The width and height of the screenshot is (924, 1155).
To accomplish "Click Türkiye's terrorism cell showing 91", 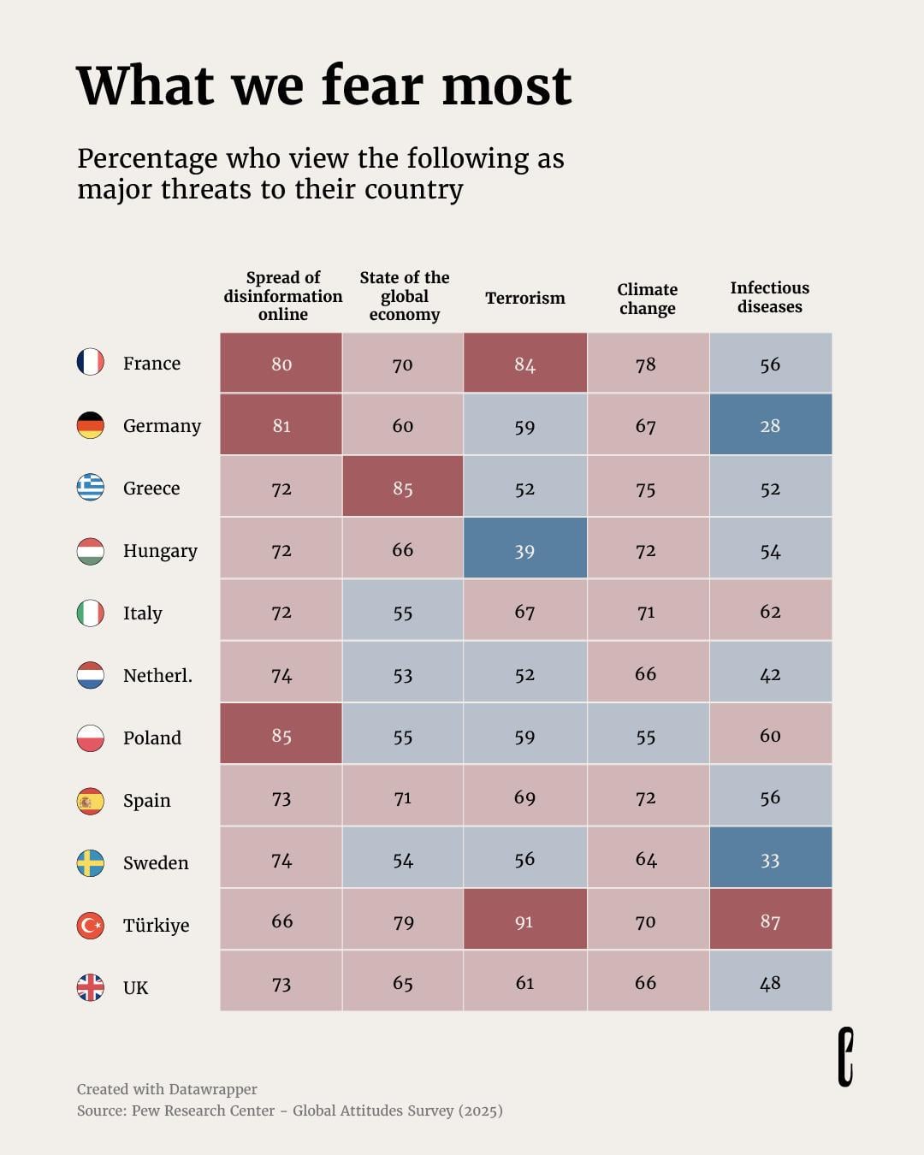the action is (524, 921).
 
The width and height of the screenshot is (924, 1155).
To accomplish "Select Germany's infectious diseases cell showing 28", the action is (771, 424).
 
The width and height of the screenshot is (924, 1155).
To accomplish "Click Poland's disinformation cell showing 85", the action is (281, 734).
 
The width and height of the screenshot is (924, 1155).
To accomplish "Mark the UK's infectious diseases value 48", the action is (771, 981).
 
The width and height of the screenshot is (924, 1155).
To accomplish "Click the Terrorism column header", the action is (525, 298).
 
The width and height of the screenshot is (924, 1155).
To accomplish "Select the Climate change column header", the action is (647, 299).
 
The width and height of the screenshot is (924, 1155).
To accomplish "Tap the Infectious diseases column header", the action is (769, 297).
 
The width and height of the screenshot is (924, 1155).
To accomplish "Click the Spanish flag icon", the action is (90, 802).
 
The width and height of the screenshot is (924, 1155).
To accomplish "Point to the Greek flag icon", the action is (90, 488).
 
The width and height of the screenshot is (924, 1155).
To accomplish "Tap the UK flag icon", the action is (90, 987).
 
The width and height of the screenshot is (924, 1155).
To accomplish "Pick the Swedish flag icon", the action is (90, 863).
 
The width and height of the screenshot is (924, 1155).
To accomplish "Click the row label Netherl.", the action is (157, 675).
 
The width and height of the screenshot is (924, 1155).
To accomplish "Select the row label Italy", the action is (142, 613).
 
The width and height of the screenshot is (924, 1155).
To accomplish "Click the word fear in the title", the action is (373, 86).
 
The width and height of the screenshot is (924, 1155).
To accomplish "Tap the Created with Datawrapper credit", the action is (167, 1089).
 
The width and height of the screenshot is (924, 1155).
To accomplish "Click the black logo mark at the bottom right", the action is (845, 1057).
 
